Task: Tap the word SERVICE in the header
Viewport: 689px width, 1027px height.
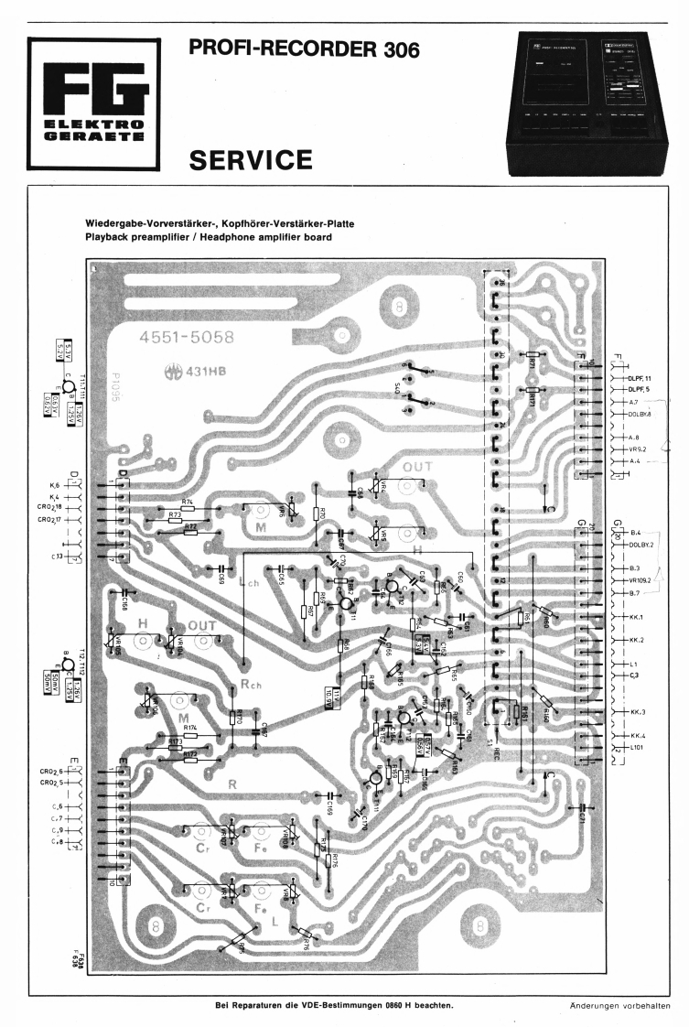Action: point(250,161)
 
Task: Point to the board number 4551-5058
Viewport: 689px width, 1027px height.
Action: point(186,338)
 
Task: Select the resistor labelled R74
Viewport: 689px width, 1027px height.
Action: point(188,509)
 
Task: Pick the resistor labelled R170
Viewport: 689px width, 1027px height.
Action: point(232,718)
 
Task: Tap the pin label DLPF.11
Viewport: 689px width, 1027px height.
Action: point(638,377)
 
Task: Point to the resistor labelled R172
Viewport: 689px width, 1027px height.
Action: point(190,761)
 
